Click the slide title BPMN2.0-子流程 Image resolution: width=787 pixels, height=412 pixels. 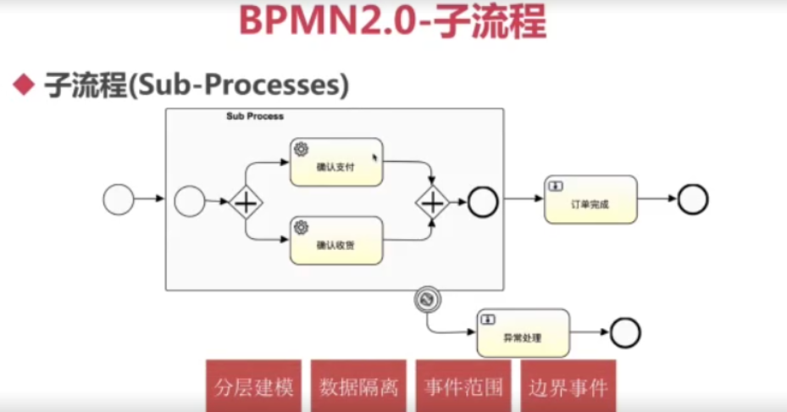point(392,22)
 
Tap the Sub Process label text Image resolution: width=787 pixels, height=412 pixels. point(255,116)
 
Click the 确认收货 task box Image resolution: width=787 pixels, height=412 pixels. point(335,241)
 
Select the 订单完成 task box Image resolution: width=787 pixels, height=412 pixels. point(590,199)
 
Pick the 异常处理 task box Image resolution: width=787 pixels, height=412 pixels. point(523,333)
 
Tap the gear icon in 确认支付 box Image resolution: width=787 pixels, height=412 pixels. point(301,149)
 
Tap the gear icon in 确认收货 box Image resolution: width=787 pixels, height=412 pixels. point(301,227)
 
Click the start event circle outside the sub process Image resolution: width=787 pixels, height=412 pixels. point(119,200)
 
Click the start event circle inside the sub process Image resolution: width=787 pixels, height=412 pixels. point(190,202)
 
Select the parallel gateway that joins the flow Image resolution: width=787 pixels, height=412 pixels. point(433,203)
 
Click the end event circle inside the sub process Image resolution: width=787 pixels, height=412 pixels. point(484,202)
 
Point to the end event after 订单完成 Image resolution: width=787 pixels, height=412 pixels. point(692,199)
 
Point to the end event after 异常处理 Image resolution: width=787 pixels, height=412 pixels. point(625,332)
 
